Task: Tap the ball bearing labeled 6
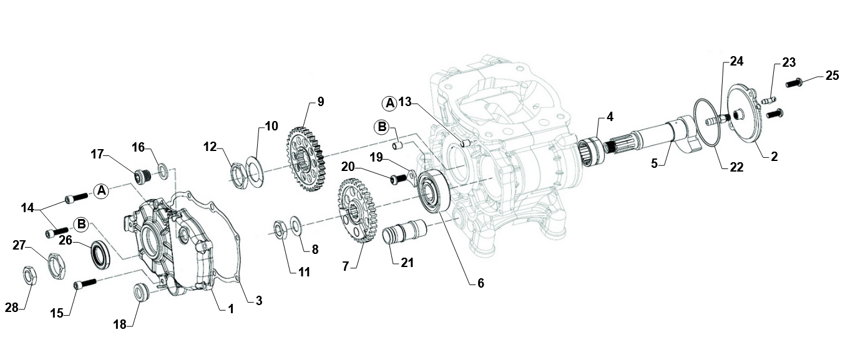(431, 192)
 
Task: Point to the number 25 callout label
(832, 76)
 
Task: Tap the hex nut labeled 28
(29, 274)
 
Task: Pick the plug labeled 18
(142, 291)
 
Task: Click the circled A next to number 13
(389, 102)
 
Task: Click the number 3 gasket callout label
(258, 301)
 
